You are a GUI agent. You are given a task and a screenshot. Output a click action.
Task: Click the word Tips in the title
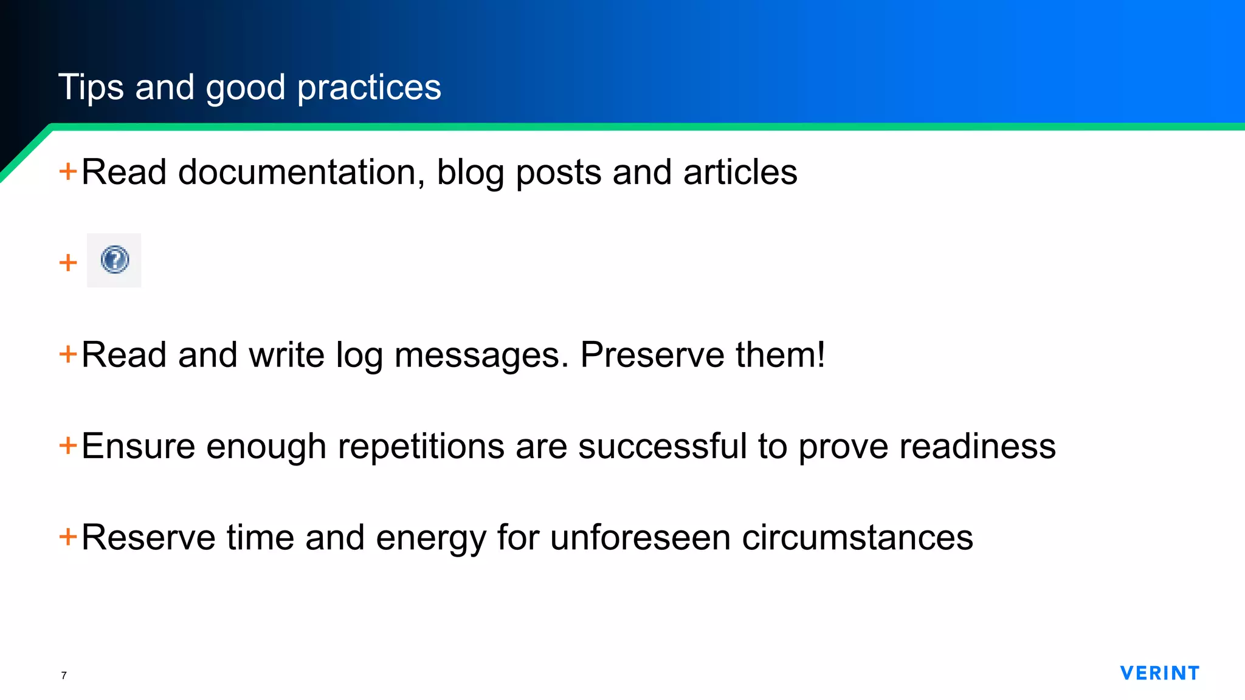point(91,87)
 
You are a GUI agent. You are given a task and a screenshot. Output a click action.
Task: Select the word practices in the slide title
point(369,87)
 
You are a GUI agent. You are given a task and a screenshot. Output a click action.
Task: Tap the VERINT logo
point(1159,673)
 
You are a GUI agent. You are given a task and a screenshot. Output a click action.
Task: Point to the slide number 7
point(64,675)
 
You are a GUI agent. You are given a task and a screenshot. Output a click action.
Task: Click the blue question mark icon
point(114,260)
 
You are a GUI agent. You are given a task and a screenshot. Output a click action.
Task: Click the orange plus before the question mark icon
point(68,262)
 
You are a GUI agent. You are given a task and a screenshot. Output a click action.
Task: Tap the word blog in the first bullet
point(470,172)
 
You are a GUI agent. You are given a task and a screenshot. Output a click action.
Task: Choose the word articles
point(740,172)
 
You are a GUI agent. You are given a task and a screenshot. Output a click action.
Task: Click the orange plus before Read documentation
point(68,171)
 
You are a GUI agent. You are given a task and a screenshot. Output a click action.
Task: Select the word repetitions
point(421,446)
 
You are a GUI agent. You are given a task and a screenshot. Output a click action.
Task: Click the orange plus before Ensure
point(68,445)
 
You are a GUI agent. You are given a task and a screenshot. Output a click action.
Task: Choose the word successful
point(662,446)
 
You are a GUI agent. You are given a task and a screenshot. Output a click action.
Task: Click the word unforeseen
point(640,537)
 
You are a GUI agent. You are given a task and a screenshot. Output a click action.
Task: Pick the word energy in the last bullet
point(431,537)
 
